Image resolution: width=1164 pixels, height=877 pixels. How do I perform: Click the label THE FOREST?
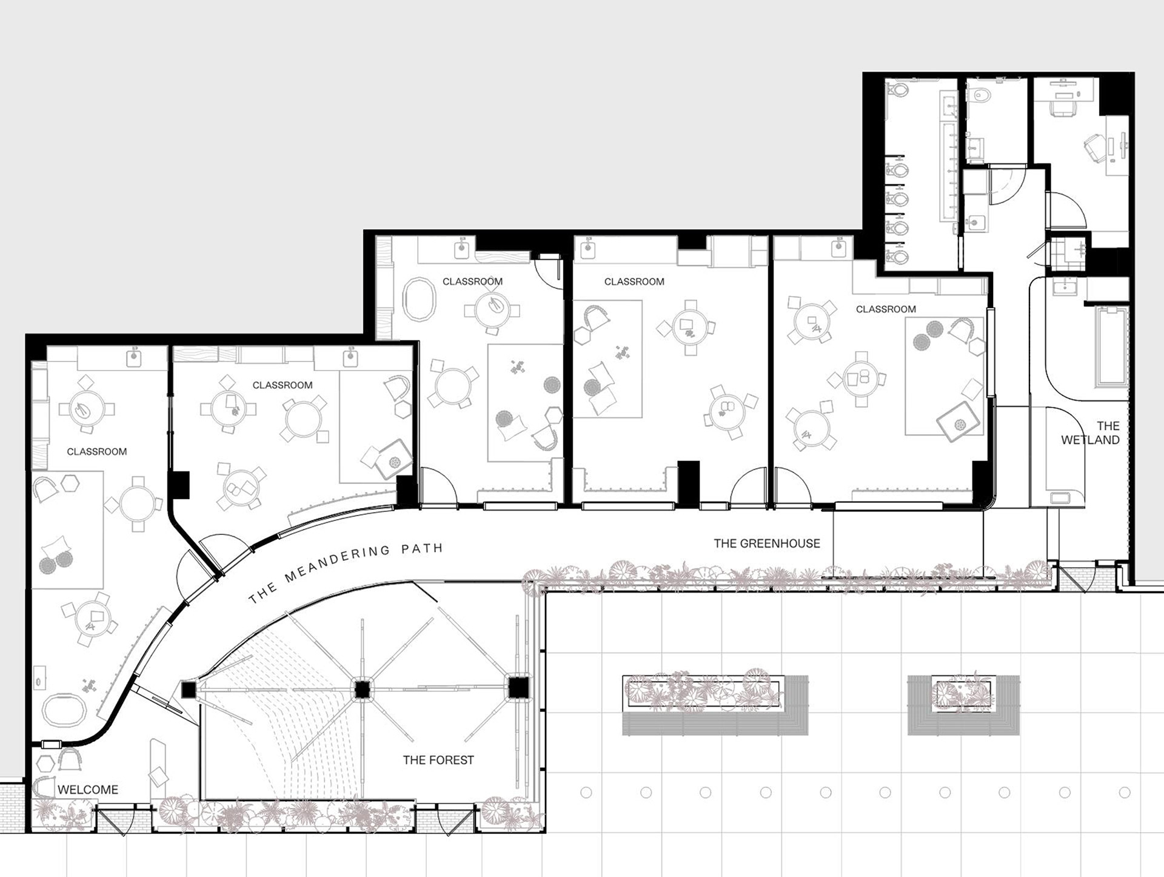click(438, 759)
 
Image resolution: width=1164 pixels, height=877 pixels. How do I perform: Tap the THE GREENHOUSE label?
click(767, 543)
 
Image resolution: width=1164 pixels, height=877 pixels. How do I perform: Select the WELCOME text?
click(88, 790)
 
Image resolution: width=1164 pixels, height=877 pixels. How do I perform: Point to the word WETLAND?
click(1090, 440)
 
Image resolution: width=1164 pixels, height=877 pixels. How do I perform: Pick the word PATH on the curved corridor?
click(422, 549)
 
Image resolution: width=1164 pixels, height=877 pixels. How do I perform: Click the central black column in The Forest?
click(362, 690)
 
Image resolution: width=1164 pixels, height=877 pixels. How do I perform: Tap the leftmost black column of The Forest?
click(189, 690)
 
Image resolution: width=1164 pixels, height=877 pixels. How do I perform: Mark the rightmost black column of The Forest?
click(518, 688)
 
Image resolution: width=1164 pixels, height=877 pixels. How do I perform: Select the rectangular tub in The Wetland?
click(1111, 346)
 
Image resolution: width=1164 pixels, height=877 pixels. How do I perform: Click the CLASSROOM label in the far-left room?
click(97, 451)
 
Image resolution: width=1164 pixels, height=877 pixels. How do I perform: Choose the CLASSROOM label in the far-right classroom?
click(886, 309)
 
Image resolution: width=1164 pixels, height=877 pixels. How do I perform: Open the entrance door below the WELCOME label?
click(115, 820)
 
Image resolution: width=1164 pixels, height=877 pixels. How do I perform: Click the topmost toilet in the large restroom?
click(897, 90)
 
